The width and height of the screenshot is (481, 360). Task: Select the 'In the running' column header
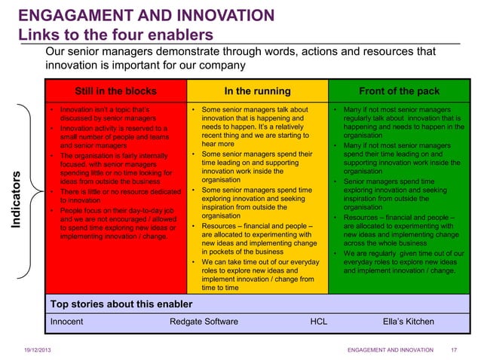(257, 92)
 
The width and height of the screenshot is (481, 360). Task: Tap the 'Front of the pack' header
(398, 92)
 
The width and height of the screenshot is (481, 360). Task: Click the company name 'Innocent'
(66, 322)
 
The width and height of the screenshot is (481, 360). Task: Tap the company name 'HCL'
(319, 322)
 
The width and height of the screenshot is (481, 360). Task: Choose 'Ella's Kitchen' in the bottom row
(409, 322)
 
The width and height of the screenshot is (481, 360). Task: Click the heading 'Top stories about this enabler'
(121, 304)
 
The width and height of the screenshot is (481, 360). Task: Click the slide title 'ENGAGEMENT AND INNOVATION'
(146, 15)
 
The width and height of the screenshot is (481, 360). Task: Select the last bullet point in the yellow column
(253, 274)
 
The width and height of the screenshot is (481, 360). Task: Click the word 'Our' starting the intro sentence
(57, 52)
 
